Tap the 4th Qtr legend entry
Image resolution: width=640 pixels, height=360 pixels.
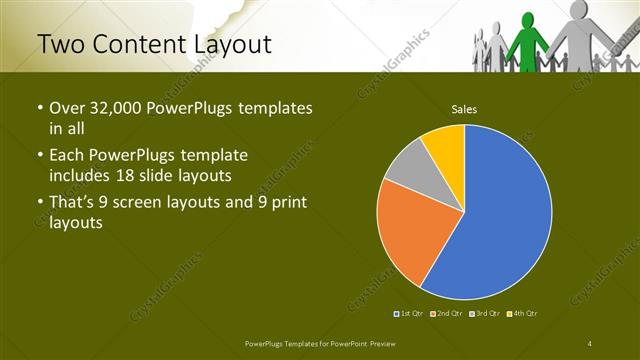524,314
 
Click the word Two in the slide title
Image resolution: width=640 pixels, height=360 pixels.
64,45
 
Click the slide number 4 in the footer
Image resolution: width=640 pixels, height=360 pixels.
590,343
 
